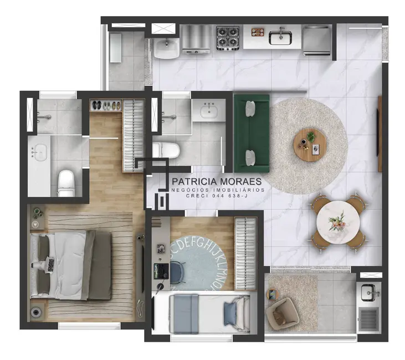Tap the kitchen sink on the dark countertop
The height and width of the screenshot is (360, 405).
pos(281,37)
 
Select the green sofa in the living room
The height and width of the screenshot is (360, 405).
pos(252,131)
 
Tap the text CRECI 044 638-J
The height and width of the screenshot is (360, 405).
pos(218,196)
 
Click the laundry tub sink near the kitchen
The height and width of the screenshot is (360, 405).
pos(166,48)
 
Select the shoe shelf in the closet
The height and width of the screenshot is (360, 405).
pos(105,105)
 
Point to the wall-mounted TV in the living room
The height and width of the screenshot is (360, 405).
pos(380,133)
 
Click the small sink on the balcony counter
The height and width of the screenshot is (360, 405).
pos(368,291)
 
